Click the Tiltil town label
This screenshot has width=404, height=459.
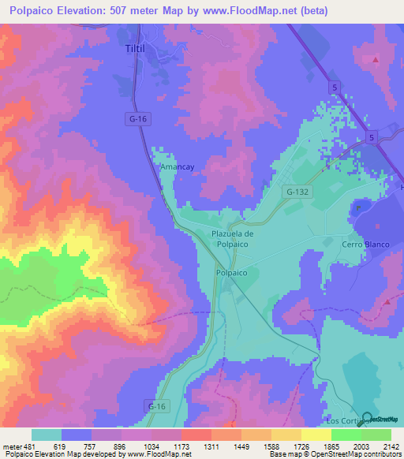click(138, 49)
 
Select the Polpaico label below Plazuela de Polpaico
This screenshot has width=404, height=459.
click(232, 273)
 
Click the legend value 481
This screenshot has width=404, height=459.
click(28, 446)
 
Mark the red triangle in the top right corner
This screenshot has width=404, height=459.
click(376, 60)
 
